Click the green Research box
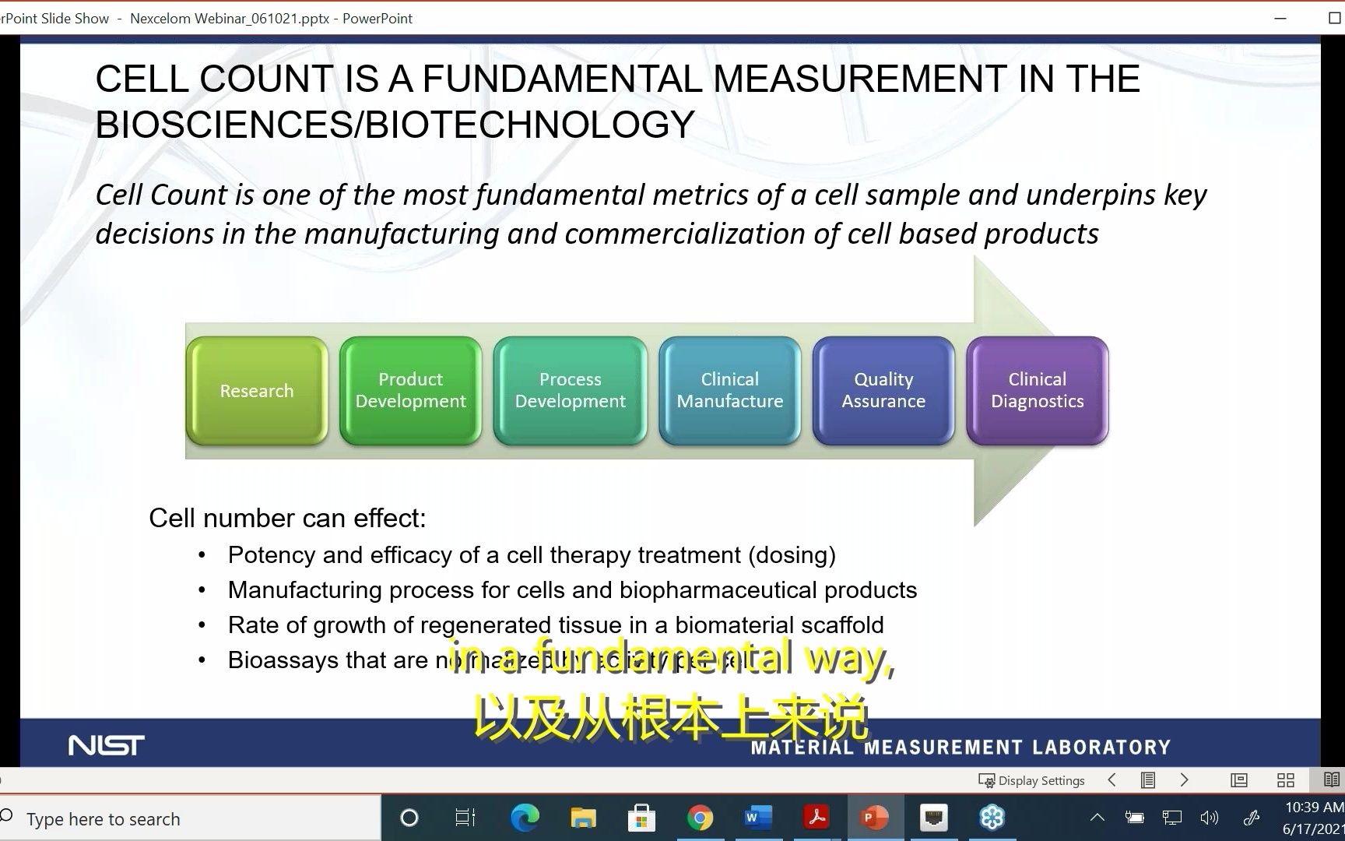coord(257,391)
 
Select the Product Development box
coord(410,391)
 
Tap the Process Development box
coord(570,391)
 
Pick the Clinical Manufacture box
coord(729,391)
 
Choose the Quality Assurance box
coord(883,391)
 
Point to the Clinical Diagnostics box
coord(1037,391)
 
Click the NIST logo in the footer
coord(106,745)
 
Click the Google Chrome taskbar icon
coord(700,818)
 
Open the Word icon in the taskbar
coord(757,818)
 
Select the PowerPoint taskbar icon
coord(875,818)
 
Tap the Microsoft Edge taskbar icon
coord(525,818)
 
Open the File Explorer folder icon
coord(583,818)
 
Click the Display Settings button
coord(1031,780)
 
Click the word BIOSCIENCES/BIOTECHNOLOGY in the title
coord(395,125)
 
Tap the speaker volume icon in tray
coord(1209,818)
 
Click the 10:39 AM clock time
coord(1314,807)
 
